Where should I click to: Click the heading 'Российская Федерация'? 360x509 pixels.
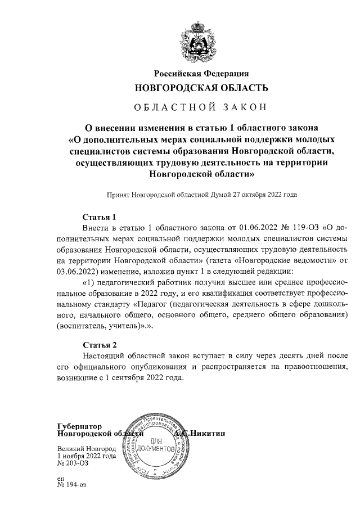(201, 73)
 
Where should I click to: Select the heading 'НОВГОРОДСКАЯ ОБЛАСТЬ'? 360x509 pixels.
(201, 88)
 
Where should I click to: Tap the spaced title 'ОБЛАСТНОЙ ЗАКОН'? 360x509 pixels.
(201, 107)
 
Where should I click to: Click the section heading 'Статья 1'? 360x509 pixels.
(99, 217)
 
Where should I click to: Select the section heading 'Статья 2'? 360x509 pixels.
(99, 344)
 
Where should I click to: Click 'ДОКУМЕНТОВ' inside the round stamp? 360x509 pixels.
(160, 450)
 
